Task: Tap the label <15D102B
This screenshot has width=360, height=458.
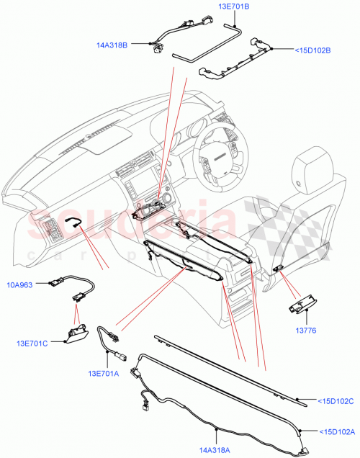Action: pos(313,50)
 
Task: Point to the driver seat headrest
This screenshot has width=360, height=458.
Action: pos(313,167)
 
